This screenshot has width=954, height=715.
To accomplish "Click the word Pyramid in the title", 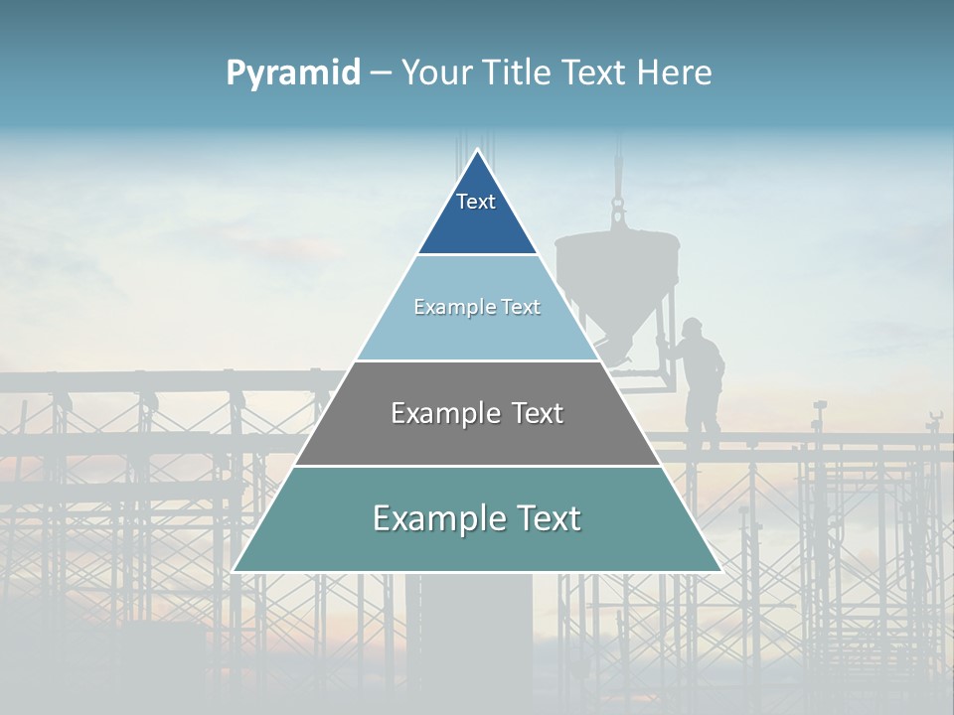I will [x=292, y=72].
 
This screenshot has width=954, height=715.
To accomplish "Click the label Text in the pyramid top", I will [x=475, y=202].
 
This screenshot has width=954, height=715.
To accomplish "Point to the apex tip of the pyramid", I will [x=477, y=151].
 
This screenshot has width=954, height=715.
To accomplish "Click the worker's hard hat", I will [x=693, y=325].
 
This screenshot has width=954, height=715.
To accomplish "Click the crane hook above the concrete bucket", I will [x=618, y=211].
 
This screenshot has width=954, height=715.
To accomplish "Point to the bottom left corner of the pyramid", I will [x=234, y=571].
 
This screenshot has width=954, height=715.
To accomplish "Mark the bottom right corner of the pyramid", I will [x=720, y=571].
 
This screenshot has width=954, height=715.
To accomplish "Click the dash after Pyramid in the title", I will [x=380, y=73].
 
